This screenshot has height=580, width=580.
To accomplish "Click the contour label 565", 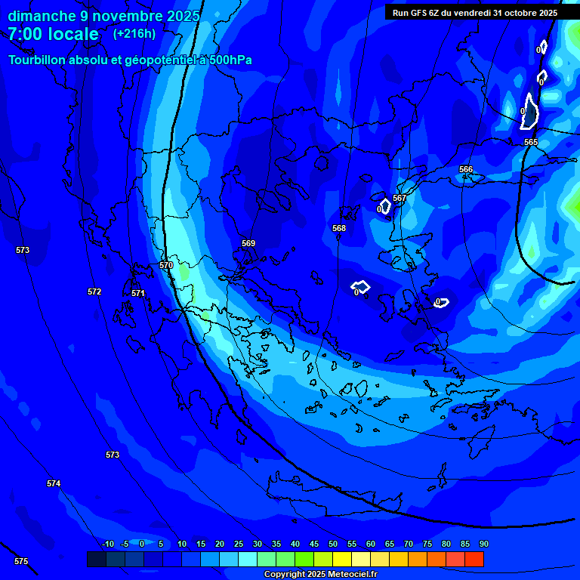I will pyautogui.click(x=531, y=142).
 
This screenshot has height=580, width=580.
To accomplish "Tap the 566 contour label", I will pyautogui.click(x=466, y=169).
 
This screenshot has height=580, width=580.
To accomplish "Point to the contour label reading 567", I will pyautogui.click(x=400, y=198).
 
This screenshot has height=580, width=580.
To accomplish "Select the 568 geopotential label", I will pyautogui.click(x=339, y=228).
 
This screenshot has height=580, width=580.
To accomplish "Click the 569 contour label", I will pyautogui.click(x=248, y=243).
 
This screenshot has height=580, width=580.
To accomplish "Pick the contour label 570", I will pyautogui.click(x=166, y=265).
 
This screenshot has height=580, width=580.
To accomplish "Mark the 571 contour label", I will pyautogui.click(x=138, y=293).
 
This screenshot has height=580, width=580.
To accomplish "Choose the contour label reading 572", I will pyautogui.click(x=94, y=292).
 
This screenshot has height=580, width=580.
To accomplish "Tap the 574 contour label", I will pyautogui.click(x=54, y=483).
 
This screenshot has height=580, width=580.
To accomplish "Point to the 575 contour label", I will pyautogui.click(x=21, y=561).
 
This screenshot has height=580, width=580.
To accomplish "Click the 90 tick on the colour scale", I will pyautogui.click(x=483, y=544).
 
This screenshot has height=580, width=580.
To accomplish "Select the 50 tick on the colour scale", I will pyautogui.click(x=333, y=544).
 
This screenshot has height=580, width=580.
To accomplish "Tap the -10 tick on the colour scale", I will pyautogui.click(x=107, y=544).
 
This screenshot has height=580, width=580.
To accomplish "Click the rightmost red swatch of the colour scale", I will pyautogui.click(x=474, y=559).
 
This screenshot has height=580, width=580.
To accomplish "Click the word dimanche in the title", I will pyautogui.click(x=37, y=16).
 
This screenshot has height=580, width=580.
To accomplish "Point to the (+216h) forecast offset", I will pyautogui.click(x=134, y=33).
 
